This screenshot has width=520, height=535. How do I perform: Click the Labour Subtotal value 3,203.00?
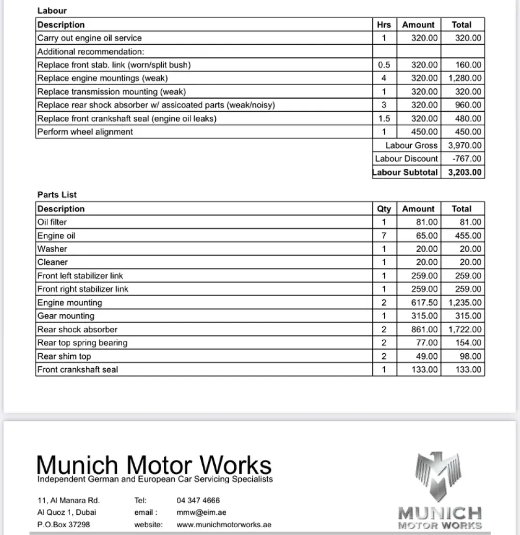point(464,172)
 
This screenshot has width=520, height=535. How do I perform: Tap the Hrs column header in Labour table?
point(384,24)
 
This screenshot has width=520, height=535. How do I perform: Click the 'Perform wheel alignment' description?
point(85,132)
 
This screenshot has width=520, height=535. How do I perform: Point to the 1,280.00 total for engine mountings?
point(464,78)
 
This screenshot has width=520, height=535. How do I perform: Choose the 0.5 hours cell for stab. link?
point(384,65)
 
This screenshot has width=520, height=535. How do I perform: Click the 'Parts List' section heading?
point(57,195)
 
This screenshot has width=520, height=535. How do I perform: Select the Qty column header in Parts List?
point(384,209)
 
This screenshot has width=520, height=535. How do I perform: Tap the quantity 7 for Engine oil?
point(384,236)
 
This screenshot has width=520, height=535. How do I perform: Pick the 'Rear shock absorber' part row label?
point(77,329)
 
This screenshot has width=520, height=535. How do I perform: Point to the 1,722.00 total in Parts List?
point(464,329)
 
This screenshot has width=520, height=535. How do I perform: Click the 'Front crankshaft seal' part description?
point(77,370)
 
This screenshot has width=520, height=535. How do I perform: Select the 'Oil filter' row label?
point(52,222)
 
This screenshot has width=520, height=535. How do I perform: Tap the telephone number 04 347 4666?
point(198,501)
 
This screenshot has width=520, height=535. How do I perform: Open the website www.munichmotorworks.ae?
point(224,525)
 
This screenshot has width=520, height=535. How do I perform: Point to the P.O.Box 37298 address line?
point(63,525)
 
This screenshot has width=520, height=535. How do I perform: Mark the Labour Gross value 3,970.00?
point(464,145)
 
